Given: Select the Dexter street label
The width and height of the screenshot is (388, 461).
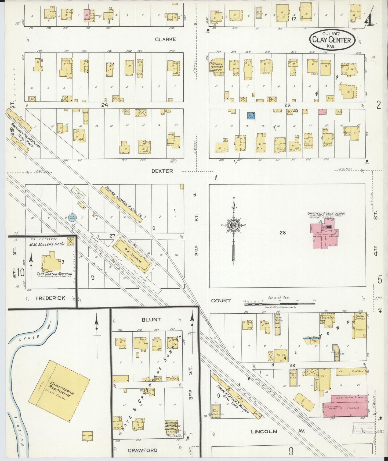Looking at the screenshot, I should [x=162, y=171].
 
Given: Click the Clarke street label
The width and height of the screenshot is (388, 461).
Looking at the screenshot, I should [x=166, y=39].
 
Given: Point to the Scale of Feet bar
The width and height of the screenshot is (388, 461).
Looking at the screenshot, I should [x=279, y=304].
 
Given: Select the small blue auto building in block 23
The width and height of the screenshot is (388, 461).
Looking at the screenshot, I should [x=251, y=116].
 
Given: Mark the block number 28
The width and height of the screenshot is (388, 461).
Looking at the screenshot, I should [x=282, y=233].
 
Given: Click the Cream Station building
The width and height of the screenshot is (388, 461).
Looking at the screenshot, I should [x=360, y=326].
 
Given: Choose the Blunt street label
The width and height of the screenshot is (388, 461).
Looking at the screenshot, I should [x=151, y=320].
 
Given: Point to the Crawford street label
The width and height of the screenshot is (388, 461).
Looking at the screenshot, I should [x=143, y=450].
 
